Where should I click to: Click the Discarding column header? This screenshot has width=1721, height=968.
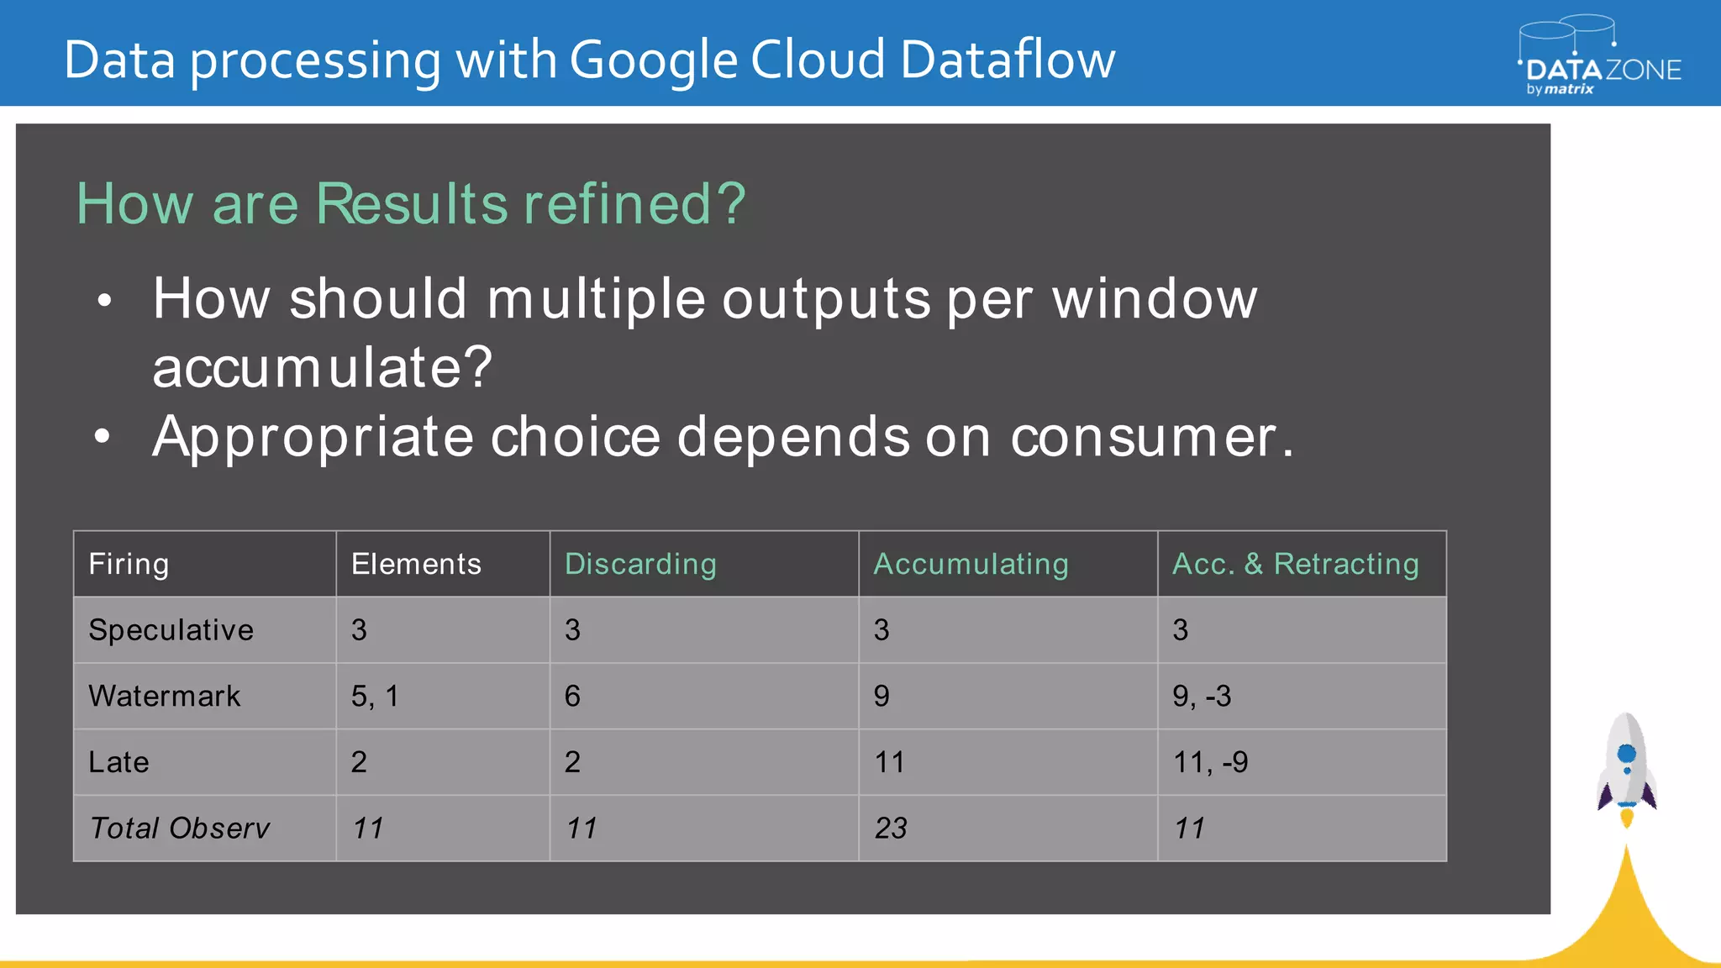640,564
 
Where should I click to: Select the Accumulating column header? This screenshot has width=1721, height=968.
971,564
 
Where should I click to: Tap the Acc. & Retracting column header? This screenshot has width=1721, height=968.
1295,564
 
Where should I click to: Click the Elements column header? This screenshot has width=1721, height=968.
416,564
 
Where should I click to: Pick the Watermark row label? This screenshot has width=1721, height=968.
165,696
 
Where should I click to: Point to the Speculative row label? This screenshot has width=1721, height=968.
171,630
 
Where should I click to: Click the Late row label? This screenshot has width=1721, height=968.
118,762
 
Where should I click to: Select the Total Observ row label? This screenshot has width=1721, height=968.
179,829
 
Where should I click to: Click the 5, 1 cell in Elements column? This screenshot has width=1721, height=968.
375,696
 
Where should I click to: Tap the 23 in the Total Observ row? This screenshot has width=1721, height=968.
891,829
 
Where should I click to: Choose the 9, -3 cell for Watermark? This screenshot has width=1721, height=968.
1202,696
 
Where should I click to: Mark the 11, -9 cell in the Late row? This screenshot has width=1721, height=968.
1210,762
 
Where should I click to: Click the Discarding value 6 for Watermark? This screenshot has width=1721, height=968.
572,696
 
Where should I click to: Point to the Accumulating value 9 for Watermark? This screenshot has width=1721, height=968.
882,696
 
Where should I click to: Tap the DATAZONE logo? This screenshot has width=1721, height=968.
1601,59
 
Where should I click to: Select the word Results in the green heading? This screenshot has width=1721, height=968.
412,204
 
